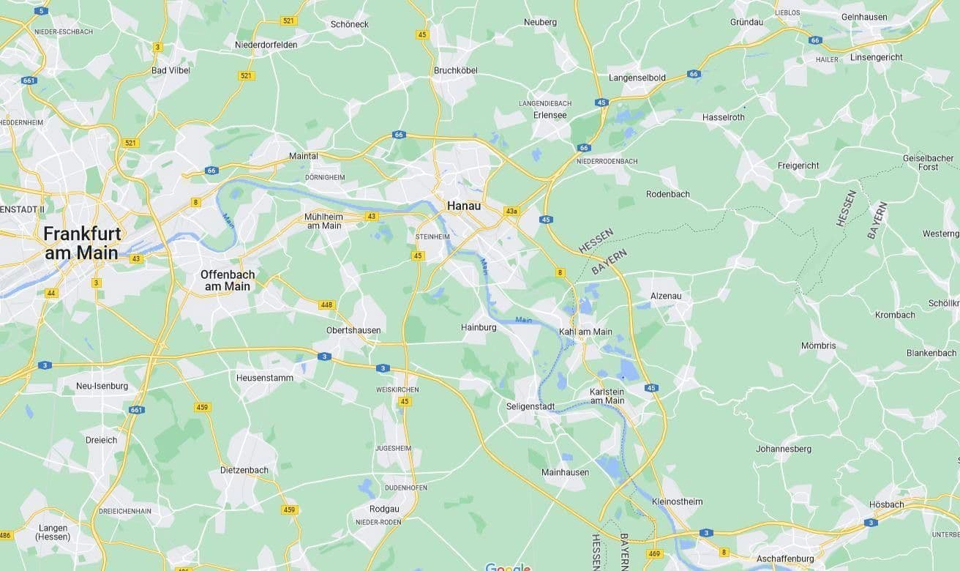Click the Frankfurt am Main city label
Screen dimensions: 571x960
pos(80,243)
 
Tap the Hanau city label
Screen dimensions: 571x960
pos(464,206)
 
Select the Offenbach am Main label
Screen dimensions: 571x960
pos(228,280)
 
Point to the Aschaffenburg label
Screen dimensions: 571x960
pos(785,559)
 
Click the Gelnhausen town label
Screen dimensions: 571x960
pos(864,17)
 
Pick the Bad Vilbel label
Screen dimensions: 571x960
pos(170,70)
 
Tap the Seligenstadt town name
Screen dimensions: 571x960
pos(530,406)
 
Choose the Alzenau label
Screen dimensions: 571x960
pos(666,296)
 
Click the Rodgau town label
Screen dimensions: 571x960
pos(384,510)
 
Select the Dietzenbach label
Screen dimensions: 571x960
pos(244,470)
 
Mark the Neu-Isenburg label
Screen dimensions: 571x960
pos(102,386)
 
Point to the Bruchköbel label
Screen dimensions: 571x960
pos(455,71)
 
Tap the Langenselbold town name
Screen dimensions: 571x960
pos(637,78)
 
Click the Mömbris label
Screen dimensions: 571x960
pos(818,346)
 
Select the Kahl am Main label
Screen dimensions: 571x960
pos(585,332)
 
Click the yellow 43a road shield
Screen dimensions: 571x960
pos(511,212)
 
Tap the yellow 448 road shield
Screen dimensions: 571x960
pos(326,305)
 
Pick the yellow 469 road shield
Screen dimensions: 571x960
pos(655,554)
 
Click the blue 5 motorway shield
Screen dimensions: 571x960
pos(42,10)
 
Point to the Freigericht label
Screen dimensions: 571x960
pos(798,165)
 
